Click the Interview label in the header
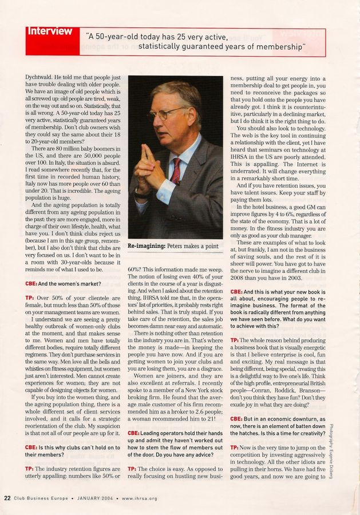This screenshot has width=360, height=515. pos(50,31)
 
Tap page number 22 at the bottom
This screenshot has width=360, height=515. pos(7,497)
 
